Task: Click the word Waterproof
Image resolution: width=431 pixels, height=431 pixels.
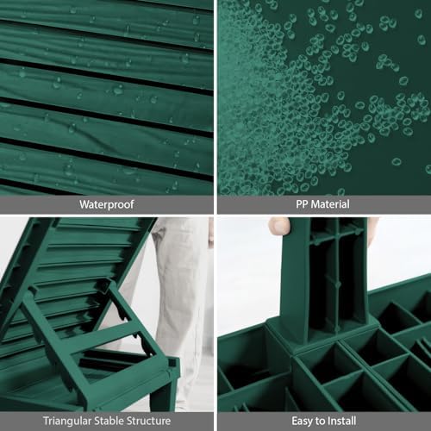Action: point(107,204)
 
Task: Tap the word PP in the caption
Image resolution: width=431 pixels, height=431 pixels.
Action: point(303,204)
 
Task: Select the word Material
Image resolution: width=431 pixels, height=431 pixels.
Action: point(330,204)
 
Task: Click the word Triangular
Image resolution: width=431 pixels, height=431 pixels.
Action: point(67,422)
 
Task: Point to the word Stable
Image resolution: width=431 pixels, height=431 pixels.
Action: point(109,421)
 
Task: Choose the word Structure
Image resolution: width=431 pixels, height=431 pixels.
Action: point(149,421)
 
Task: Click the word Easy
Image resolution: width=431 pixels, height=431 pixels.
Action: point(303,422)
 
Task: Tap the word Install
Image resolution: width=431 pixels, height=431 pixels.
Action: point(342,422)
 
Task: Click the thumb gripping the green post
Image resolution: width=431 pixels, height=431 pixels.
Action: point(278,227)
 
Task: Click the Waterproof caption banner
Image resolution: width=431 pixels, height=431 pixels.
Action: point(107,204)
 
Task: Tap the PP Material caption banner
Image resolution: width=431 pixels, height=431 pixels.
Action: point(324,204)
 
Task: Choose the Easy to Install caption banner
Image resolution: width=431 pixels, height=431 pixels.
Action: point(324,422)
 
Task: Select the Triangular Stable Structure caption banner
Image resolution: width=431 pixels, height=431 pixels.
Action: point(107,422)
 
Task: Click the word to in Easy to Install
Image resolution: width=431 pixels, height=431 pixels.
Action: point(321,422)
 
